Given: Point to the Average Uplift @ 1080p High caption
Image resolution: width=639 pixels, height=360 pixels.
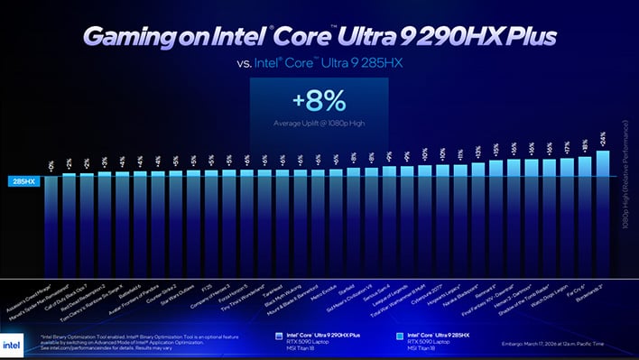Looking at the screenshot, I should point(319,122).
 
